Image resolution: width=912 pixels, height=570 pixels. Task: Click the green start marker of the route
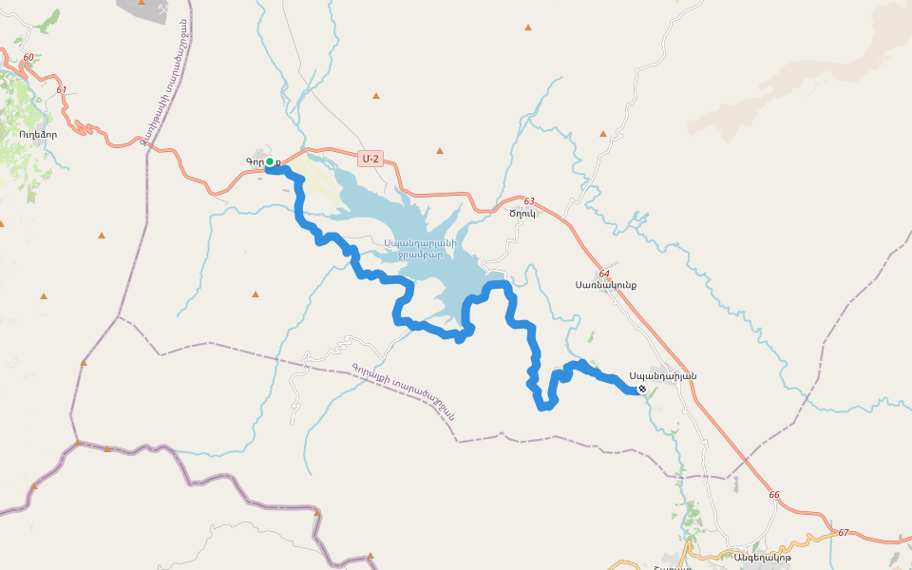270,161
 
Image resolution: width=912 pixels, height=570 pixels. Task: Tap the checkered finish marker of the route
642,389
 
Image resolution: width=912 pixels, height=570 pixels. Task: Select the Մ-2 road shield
370,159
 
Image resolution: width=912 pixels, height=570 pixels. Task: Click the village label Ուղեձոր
38,134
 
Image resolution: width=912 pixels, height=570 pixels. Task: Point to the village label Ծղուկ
523,213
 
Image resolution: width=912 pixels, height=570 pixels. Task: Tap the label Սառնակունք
605,284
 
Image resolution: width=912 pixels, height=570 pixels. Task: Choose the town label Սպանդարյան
662,375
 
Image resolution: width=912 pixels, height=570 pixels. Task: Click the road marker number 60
28,58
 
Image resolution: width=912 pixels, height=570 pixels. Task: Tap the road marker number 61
62,90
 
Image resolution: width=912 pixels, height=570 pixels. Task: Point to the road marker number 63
529,200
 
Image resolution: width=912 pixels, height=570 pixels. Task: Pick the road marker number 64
604,274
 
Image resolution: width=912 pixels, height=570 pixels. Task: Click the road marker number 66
774,495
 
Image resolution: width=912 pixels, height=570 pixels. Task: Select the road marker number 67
844,532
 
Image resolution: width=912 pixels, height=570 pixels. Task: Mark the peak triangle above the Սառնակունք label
602,134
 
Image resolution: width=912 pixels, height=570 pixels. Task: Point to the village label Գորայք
256,163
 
